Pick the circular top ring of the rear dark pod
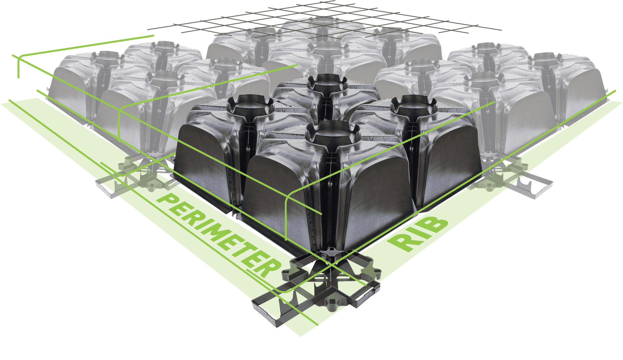[x=327, y=81]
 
